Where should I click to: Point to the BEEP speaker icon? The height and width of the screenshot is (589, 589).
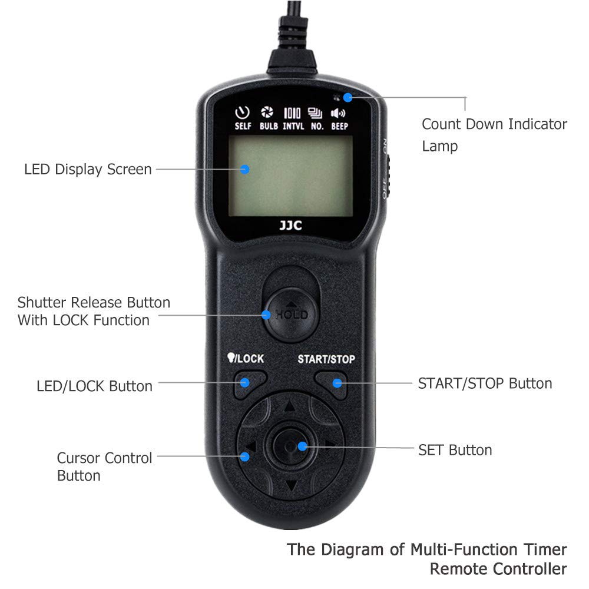click(x=338, y=113)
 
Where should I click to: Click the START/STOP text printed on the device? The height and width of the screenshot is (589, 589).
click(x=326, y=359)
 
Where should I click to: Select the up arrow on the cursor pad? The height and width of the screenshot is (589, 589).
click(x=289, y=407)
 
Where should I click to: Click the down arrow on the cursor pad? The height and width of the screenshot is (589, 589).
click(x=290, y=486)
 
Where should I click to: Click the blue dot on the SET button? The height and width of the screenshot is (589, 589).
click(x=302, y=446)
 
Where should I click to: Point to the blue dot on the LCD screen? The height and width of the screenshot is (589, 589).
click(x=246, y=169)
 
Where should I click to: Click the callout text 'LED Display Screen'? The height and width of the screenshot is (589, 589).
click(x=88, y=170)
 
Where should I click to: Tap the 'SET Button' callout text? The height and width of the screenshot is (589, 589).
click(x=455, y=451)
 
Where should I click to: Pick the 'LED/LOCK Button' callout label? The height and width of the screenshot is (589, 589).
click(x=94, y=386)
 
